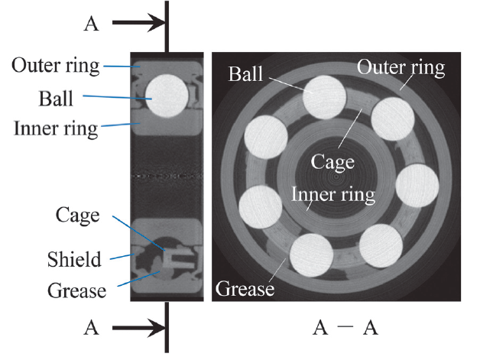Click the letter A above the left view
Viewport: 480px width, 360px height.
91,24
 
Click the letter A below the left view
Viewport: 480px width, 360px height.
91,329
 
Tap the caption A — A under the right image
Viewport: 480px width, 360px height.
345,329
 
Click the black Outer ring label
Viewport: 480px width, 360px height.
56,66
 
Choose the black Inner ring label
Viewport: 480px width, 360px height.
56,128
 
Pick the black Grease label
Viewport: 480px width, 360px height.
75,290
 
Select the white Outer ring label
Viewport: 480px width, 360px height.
401,67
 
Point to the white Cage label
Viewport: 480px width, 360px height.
332,162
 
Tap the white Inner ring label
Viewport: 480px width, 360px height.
333,194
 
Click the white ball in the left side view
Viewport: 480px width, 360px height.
167,96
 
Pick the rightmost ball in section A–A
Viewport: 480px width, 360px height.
417,186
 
